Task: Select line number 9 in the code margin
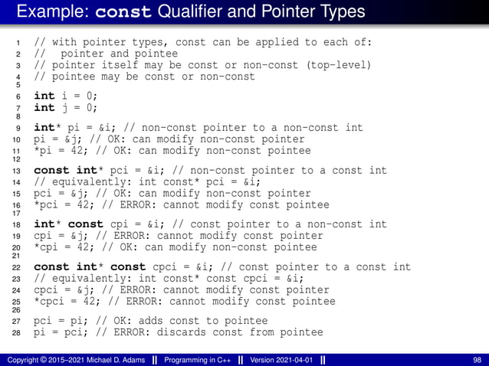(19, 129)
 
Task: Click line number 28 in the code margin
(17, 333)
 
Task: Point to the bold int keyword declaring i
(44, 96)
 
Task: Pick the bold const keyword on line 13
(51, 171)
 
